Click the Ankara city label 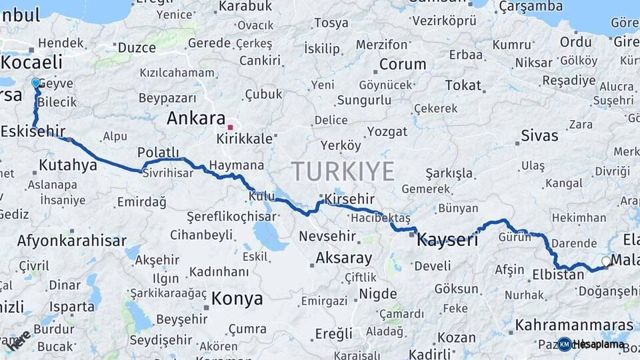tap(195, 119)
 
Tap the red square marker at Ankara tap(230, 127)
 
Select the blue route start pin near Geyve tap(35, 83)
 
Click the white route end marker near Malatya tap(605, 261)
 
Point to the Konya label tap(237, 298)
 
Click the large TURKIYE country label tap(342, 171)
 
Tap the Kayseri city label tap(447, 240)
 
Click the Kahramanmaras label tap(574, 325)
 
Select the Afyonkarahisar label tap(71, 241)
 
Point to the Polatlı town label tap(158, 152)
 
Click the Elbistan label tap(558, 274)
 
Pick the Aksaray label tap(343, 257)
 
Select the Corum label tap(403, 65)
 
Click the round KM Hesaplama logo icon tap(564, 344)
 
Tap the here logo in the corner tap(19, 340)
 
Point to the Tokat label tap(463, 85)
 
